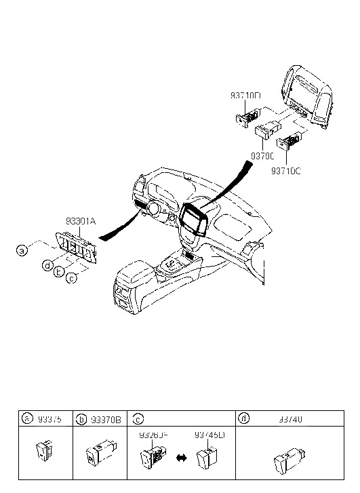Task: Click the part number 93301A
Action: (81, 221)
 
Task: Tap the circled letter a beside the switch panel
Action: (22, 251)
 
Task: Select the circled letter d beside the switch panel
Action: (47, 265)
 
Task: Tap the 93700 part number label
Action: (262, 156)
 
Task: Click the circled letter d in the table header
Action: (243, 419)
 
